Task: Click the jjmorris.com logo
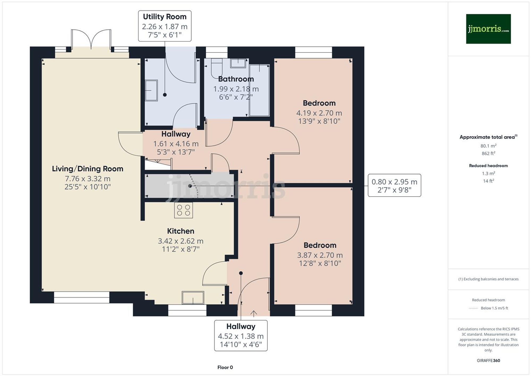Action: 488,29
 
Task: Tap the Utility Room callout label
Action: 165,26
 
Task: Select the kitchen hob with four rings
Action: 183,210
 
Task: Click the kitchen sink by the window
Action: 193,298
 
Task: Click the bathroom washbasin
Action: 238,63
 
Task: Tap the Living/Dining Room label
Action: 88,169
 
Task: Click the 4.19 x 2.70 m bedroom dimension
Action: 319,113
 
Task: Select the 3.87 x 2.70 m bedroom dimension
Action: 320,255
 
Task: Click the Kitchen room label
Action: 181,231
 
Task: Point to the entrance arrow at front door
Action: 254,314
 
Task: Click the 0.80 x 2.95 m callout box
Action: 394,185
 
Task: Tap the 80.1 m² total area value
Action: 488,146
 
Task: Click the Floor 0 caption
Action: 225,367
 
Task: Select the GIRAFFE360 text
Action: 488,361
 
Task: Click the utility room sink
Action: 151,90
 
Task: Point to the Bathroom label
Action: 236,79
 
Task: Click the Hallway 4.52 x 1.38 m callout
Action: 241,335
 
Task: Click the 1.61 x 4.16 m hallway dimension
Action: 176,144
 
